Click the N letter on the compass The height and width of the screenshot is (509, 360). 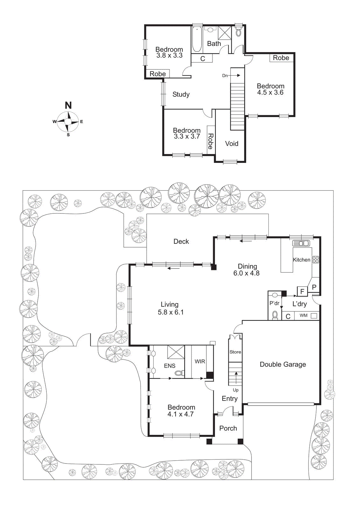click(68, 105)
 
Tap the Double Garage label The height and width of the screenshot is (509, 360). click(283, 365)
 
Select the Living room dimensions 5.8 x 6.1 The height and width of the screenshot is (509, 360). click(170, 312)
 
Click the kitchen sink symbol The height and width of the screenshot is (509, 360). click(301, 243)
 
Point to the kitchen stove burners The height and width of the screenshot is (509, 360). click(315, 260)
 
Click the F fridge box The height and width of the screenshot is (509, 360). click(302, 291)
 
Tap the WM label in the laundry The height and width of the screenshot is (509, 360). click(303, 316)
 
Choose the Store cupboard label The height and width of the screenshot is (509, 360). click(235, 352)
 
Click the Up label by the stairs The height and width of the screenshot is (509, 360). click(236, 390)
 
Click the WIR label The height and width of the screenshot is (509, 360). click(200, 361)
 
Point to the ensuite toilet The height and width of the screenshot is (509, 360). click(180, 373)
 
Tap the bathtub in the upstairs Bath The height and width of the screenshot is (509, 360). click(197, 39)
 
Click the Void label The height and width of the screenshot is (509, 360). click(232, 144)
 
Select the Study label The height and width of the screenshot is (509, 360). click(181, 94)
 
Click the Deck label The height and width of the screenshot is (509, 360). click(181, 241)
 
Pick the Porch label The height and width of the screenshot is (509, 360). click(228, 429)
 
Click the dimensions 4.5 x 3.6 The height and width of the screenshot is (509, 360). click(270, 93)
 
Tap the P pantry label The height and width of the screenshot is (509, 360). click(314, 287)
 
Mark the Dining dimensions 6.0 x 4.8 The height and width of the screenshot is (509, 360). click(246, 273)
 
